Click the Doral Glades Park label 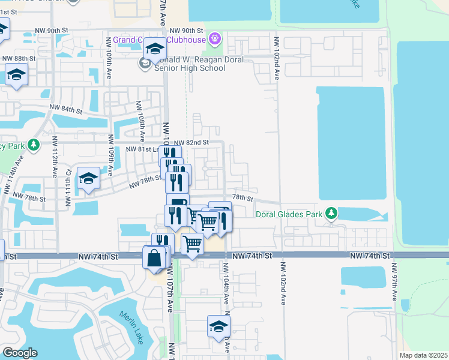289,214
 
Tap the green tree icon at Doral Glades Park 331,213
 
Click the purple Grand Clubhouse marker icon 215,40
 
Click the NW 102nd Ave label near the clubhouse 277,59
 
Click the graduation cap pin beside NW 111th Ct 88,178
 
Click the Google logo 20,353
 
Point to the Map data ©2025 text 423,355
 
